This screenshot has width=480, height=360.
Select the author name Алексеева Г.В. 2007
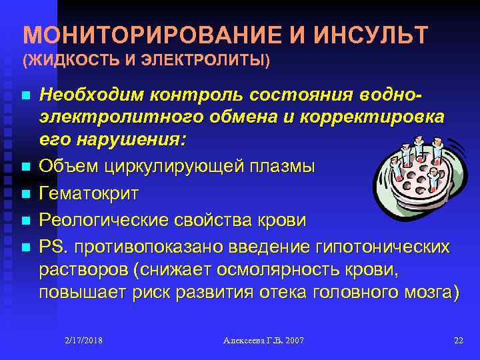(x=263, y=341)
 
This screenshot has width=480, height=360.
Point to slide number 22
(x=458, y=341)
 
